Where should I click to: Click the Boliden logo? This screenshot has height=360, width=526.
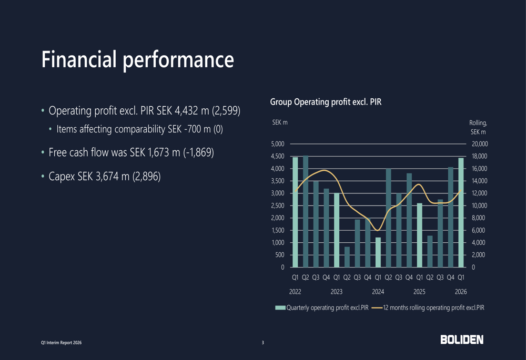point(462,340)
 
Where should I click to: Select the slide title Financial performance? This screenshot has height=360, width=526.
point(138,59)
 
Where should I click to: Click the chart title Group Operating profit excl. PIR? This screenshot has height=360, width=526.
point(326,102)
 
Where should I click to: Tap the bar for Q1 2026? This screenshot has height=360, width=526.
point(461,213)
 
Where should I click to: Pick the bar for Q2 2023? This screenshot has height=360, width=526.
point(347,257)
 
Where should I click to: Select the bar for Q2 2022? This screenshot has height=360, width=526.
point(306,212)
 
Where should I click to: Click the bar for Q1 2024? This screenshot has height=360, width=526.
point(378,252)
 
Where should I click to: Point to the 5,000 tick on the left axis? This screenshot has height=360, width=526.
point(277,143)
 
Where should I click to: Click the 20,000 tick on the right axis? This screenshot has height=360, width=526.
point(479,143)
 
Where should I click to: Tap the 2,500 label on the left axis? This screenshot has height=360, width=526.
point(277,205)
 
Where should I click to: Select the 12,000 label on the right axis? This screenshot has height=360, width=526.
point(479,193)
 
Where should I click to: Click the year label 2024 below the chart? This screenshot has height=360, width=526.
point(378,291)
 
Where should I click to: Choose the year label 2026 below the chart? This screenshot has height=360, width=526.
point(461,291)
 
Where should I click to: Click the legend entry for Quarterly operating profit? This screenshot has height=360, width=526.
point(322,308)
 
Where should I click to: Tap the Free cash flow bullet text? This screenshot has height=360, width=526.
point(131,153)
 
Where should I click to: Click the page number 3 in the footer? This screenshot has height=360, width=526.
point(263,343)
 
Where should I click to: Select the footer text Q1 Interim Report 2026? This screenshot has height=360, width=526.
point(62,343)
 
